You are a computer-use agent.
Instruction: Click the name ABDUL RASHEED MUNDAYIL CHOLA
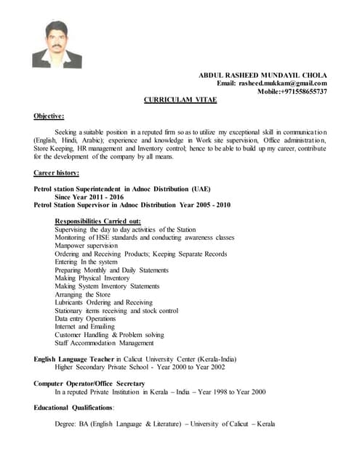[263, 75]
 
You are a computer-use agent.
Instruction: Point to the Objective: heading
[49, 116]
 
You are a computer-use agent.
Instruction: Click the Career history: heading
[57, 173]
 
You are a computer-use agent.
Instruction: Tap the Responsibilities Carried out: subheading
[97, 221]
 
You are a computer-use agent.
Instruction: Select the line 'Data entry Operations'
[85, 318]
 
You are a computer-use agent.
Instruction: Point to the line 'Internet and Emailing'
[86, 326]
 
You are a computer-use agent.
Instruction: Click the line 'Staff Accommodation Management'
[104, 343]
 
